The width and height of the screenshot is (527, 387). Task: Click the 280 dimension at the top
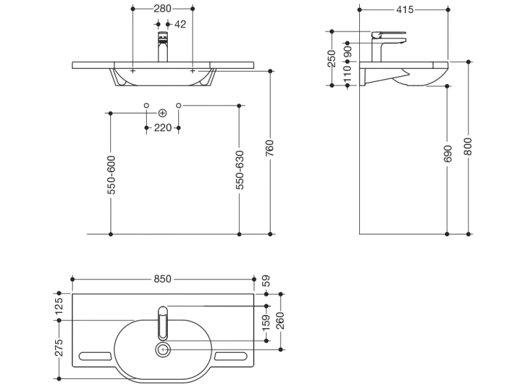coord(163,9)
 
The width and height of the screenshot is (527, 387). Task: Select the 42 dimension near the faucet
coord(180,24)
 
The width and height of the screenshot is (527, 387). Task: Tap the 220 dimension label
coord(163,128)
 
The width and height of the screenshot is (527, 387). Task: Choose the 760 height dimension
coord(269,148)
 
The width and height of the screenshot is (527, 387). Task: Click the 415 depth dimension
coord(405,9)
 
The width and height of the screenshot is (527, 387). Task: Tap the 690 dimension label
coord(448,154)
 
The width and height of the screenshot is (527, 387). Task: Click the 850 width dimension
coord(162,279)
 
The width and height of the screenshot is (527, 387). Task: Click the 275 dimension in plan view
coord(58,348)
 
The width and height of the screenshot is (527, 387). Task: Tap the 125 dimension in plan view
coord(58,306)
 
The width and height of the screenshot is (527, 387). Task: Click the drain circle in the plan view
coord(162,350)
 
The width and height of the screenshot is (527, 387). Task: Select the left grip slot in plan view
coord(94,356)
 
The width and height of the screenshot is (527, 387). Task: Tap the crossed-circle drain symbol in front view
coord(162,113)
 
